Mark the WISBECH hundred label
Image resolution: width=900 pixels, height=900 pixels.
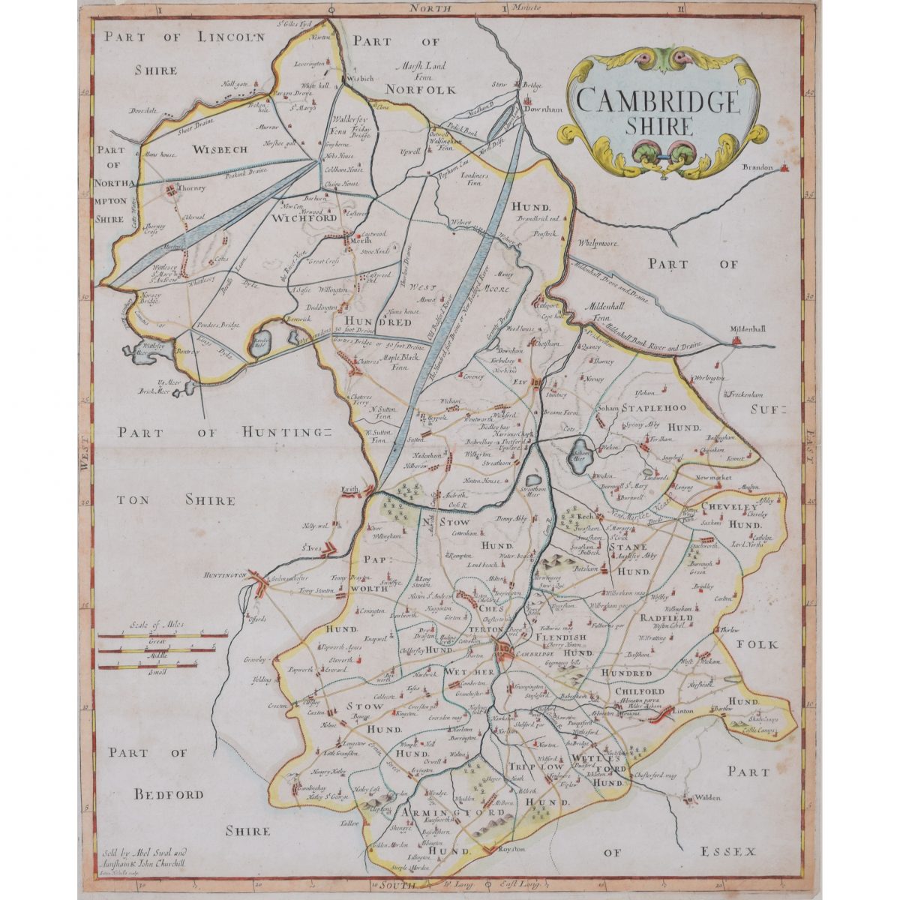tap(220, 149)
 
